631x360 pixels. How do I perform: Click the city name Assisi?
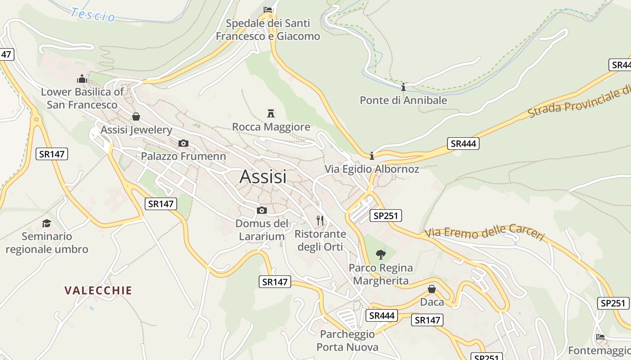click(263, 177)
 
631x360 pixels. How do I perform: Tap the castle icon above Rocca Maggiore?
click(271, 113)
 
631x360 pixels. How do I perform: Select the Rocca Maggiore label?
click(271, 127)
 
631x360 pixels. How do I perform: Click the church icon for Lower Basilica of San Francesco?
click(82, 79)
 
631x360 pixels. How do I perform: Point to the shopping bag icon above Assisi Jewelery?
click(136, 117)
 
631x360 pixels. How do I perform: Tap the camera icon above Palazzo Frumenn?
click(183, 143)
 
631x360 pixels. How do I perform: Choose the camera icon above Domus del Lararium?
click(261, 210)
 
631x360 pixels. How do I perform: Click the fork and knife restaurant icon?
click(320, 220)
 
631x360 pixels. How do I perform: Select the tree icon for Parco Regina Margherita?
click(381, 254)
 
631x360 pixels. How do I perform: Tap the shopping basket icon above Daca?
click(432, 289)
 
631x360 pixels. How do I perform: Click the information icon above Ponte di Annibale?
click(403, 87)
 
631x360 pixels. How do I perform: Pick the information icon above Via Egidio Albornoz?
click(372, 156)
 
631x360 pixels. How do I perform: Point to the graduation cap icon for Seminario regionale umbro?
click(47, 223)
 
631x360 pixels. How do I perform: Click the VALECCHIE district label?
click(98, 290)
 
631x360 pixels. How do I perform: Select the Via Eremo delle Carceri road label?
click(485, 232)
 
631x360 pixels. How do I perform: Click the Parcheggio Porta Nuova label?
click(347, 341)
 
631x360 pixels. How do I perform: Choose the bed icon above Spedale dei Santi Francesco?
click(268, 9)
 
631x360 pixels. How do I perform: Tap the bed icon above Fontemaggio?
click(600, 337)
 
